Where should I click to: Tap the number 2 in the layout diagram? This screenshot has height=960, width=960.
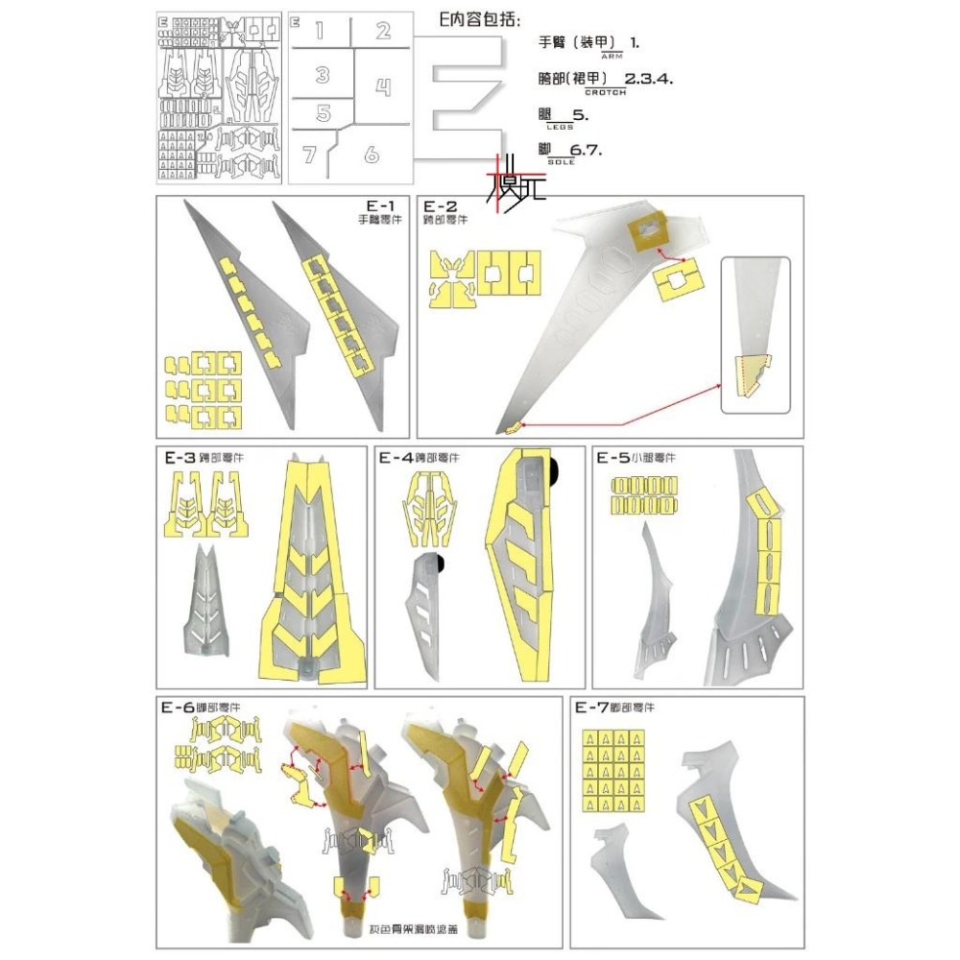coord(383,31)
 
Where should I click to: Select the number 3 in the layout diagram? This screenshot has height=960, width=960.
coord(323,75)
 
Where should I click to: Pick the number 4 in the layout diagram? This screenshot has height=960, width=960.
coord(383,88)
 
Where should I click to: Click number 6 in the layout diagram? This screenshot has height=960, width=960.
coord(372,154)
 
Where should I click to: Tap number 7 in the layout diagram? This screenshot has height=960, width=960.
coord(309,155)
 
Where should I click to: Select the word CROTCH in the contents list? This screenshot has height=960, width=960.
coord(605,93)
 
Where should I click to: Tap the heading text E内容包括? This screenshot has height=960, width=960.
coord(466,20)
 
